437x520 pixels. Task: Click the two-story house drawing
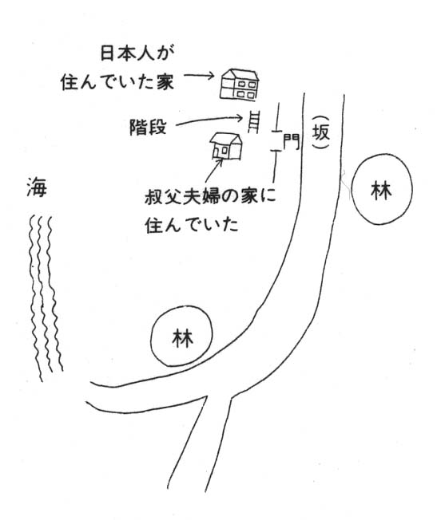click(x=239, y=85)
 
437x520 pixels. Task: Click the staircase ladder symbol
click(x=253, y=122)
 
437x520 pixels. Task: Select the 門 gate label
click(x=291, y=142)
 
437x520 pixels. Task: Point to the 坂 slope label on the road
click(x=321, y=132)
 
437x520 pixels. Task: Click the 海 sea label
click(x=37, y=187)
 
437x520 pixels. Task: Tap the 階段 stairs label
click(x=148, y=127)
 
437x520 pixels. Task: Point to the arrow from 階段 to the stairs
click(x=209, y=120)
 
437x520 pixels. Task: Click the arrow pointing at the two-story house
click(x=200, y=76)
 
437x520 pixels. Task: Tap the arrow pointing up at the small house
click(x=213, y=171)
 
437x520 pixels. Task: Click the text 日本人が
click(x=137, y=53)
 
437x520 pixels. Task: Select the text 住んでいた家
click(x=117, y=81)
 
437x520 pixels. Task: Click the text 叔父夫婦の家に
click(x=210, y=197)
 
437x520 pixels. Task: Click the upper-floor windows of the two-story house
click(x=246, y=85)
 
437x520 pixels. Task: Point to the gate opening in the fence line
click(x=276, y=140)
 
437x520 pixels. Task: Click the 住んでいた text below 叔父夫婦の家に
click(x=192, y=225)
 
